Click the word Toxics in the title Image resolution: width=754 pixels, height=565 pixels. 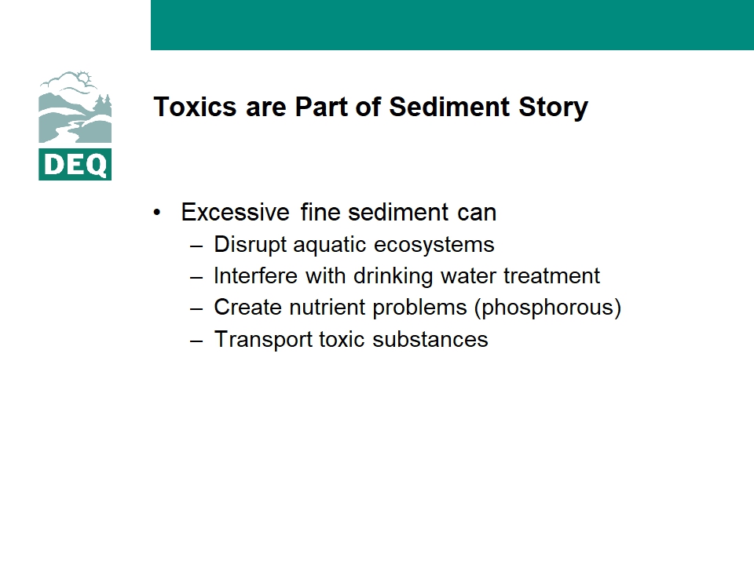click(195, 107)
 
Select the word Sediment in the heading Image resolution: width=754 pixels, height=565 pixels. click(449, 107)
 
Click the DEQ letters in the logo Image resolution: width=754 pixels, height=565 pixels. click(75, 165)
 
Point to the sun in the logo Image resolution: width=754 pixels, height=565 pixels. click(85, 78)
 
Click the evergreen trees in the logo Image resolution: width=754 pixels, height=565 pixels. click(103, 104)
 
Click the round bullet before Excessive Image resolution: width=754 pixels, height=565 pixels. click(157, 213)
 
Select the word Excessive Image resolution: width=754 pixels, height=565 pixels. click(235, 213)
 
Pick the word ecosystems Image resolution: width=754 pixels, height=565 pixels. click(434, 245)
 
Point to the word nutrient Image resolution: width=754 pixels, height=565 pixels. click(327, 308)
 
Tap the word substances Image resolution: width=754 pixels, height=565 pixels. click(430, 339)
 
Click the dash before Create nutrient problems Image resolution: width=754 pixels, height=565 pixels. click(196, 308)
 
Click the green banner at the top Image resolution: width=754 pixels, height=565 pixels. click(452, 25)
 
